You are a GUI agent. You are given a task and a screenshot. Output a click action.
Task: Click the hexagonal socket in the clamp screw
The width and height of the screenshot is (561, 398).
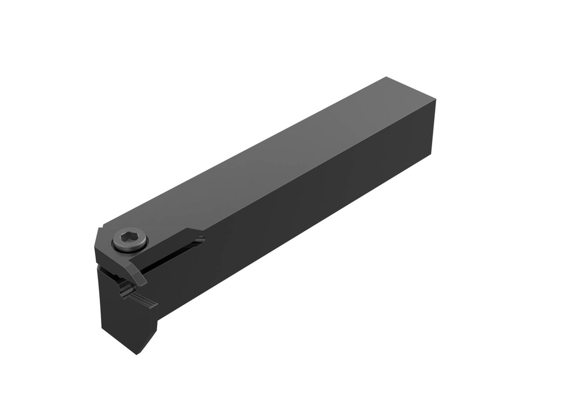coord(129,238)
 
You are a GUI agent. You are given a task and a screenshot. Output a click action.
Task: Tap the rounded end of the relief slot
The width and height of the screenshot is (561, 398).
coord(201,239)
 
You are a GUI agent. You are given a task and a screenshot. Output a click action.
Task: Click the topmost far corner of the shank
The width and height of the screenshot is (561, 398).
coord(387,77)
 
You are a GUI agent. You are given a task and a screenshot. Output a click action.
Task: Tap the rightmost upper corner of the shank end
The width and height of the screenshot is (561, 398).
coord(436,101)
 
